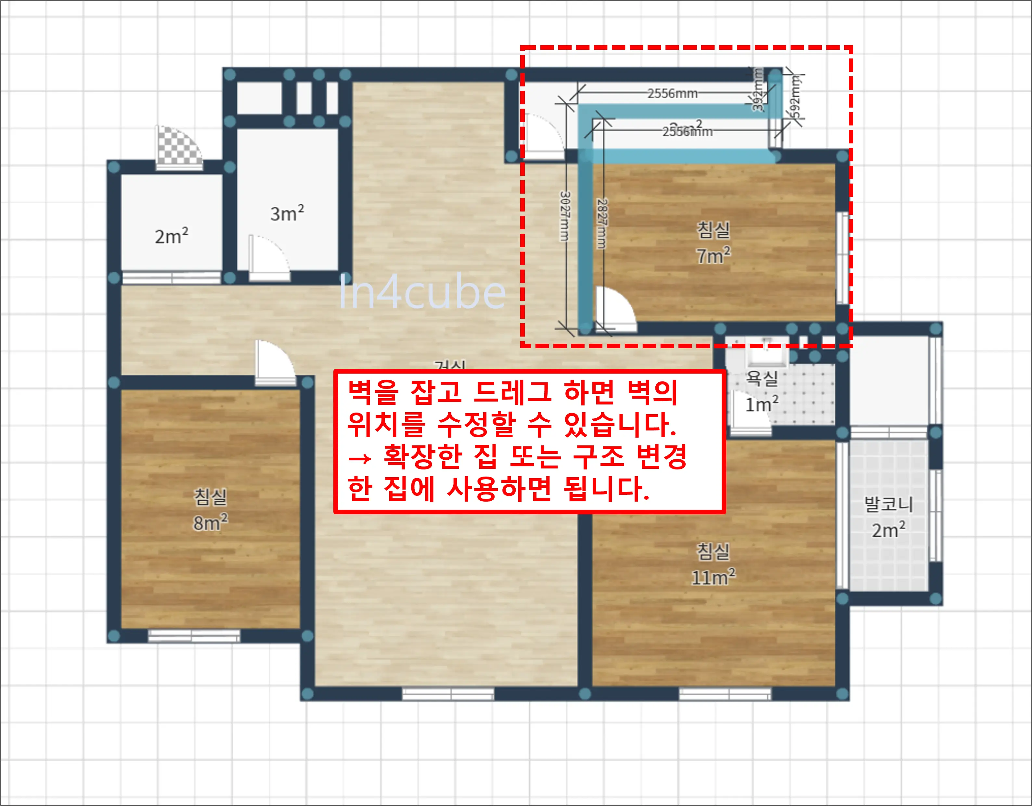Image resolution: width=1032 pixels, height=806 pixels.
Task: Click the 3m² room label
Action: [287, 213]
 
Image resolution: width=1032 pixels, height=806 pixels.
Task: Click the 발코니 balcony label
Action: [888, 504]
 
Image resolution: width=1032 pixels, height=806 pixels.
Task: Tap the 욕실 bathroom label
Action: [762, 378]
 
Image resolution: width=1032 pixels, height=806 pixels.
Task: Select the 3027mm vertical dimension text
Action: [565, 216]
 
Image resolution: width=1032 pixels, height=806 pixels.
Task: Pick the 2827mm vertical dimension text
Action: [601, 224]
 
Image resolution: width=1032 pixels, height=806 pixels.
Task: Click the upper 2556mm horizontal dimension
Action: [672, 94]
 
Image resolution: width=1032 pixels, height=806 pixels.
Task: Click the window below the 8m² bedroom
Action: [194, 636]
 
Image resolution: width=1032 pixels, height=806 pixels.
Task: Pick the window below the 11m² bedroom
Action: [725, 694]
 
